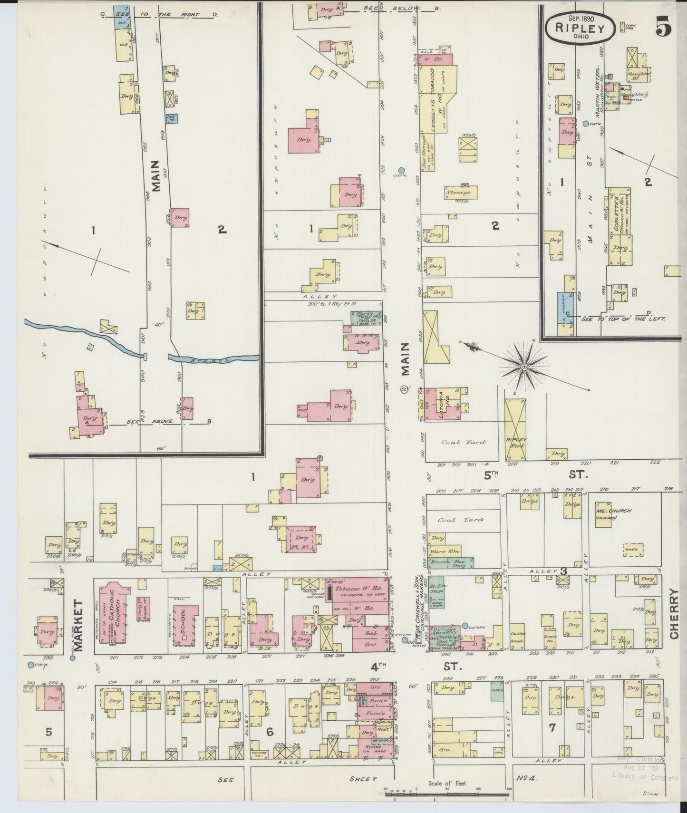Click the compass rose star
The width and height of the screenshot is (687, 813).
(x=524, y=367)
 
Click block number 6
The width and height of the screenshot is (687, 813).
(x=270, y=732)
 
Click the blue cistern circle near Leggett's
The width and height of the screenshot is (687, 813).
(x=401, y=170)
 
